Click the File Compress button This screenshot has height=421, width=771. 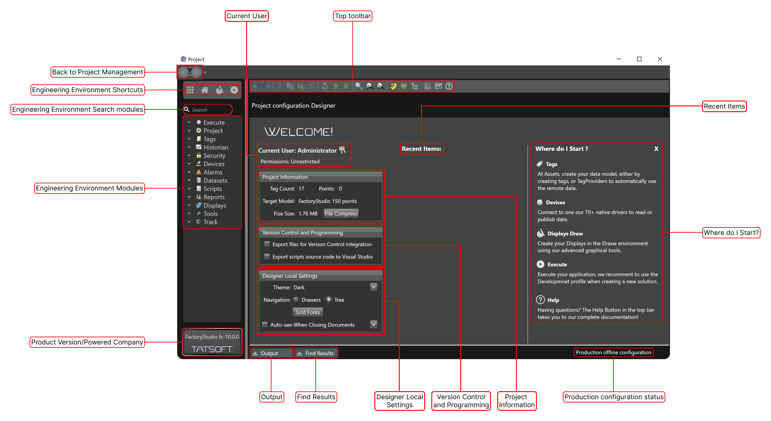[341, 214]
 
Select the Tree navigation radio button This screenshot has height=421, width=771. [329, 300]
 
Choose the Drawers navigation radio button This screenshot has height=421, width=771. [296, 300]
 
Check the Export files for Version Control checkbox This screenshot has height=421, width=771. [267, 244]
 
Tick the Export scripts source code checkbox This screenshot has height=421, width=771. [267, 256]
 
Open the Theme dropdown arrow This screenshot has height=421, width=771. [374, 287]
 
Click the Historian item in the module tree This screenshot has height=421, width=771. [215, 147]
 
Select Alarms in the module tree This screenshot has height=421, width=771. [213, 172]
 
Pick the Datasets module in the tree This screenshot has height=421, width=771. [215, 181]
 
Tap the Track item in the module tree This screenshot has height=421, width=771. [211, 222]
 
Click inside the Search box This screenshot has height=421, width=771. [208, 109]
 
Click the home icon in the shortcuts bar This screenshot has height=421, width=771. [205, 90]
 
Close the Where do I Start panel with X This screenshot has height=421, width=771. [656, 149]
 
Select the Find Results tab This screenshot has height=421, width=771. [316, 353]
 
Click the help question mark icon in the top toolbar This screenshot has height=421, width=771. [449, 86]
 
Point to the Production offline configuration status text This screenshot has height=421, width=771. [613, 352]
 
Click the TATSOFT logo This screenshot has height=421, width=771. [212, 349]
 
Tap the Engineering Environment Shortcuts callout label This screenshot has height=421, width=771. [88, 90]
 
